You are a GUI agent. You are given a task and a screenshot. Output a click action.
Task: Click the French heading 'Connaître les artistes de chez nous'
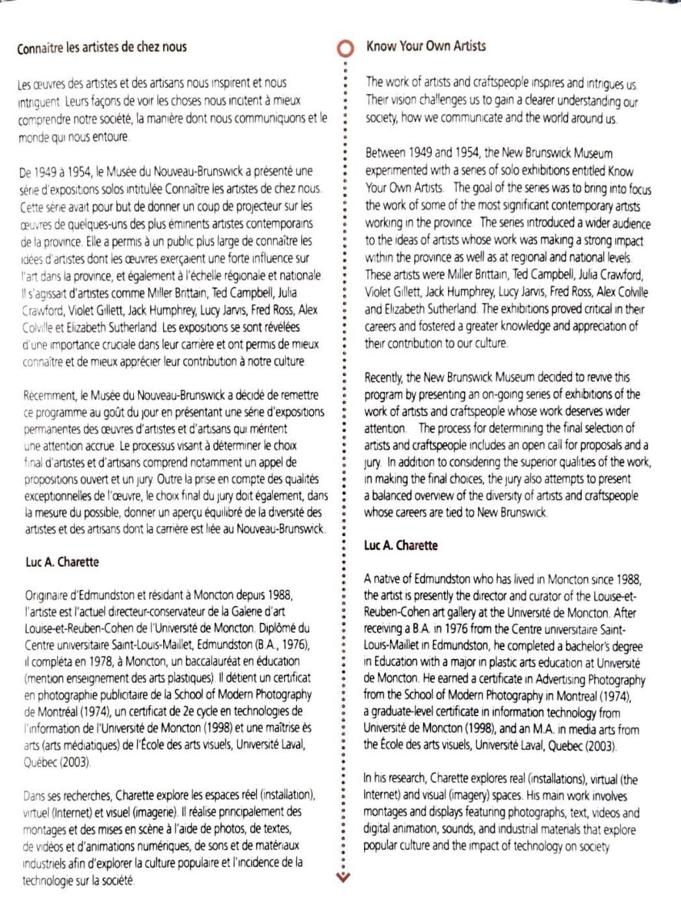click(102, 48)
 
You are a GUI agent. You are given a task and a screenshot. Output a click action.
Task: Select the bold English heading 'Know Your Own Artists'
click(426, 47)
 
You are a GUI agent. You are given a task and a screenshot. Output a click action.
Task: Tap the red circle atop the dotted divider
click(343, 49)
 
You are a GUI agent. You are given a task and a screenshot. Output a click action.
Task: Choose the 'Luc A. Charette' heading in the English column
click(401, 545)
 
